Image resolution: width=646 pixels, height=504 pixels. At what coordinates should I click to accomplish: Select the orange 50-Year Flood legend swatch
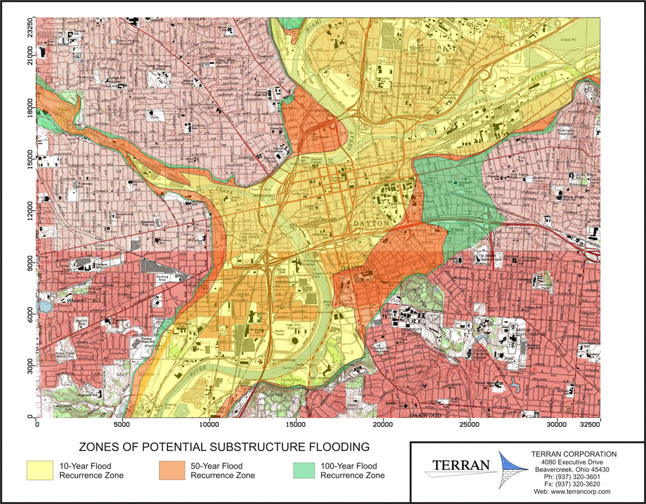[174, 470]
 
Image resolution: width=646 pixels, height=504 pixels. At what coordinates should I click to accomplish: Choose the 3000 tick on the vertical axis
[29, 366]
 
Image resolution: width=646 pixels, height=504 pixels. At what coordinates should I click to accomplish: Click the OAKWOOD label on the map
[426, 415]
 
